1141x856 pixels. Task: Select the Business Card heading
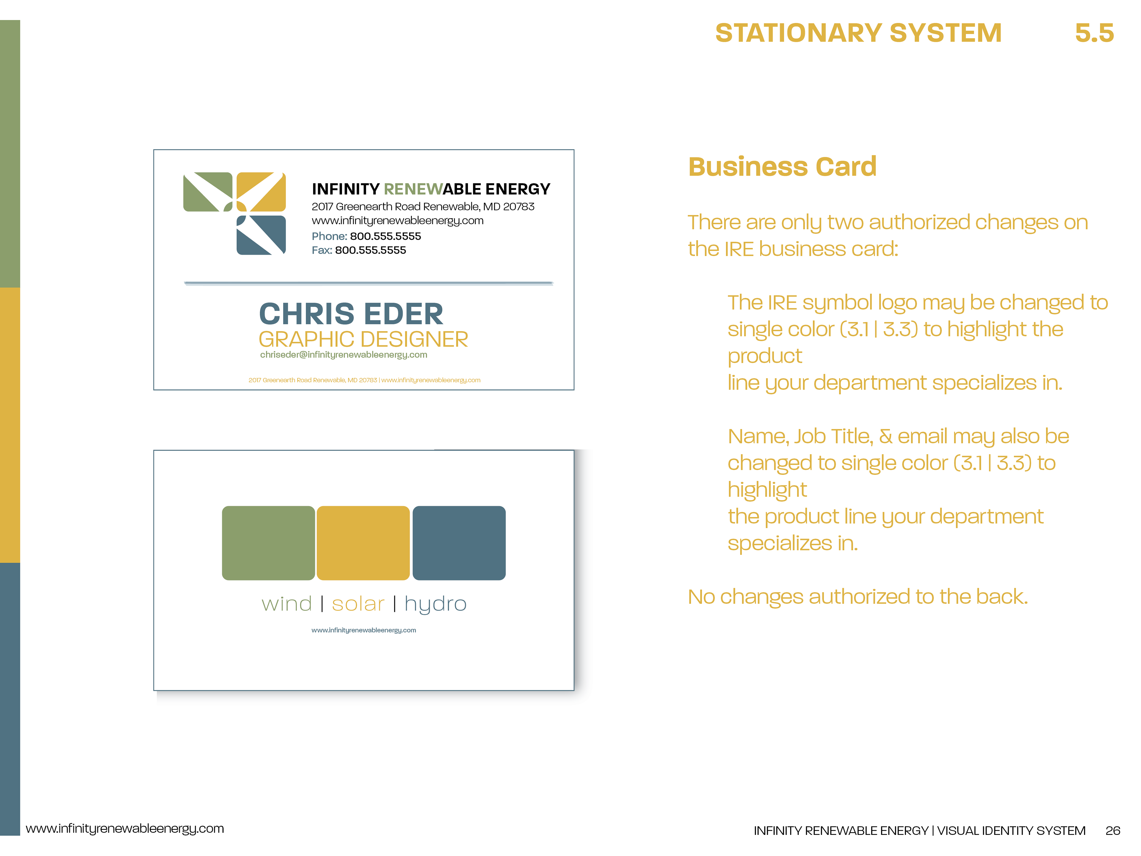coord(782,167)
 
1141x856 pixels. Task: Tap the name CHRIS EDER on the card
coord(351,314)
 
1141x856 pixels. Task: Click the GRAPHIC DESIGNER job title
coord(363,339)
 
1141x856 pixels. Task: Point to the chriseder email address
coord(343,355)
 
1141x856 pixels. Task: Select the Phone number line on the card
coord(366,236)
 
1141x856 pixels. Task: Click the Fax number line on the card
coord(359,250)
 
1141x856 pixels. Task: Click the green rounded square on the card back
coord(268,543)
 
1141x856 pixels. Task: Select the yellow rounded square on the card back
coord(363,543)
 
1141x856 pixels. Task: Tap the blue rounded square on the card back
coord(459,543)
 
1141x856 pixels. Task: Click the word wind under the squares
coord(287,604)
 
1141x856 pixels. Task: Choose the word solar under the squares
coord(358,604)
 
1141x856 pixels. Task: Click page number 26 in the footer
coord(1113,830)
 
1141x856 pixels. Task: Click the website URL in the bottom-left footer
coord(125,829)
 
